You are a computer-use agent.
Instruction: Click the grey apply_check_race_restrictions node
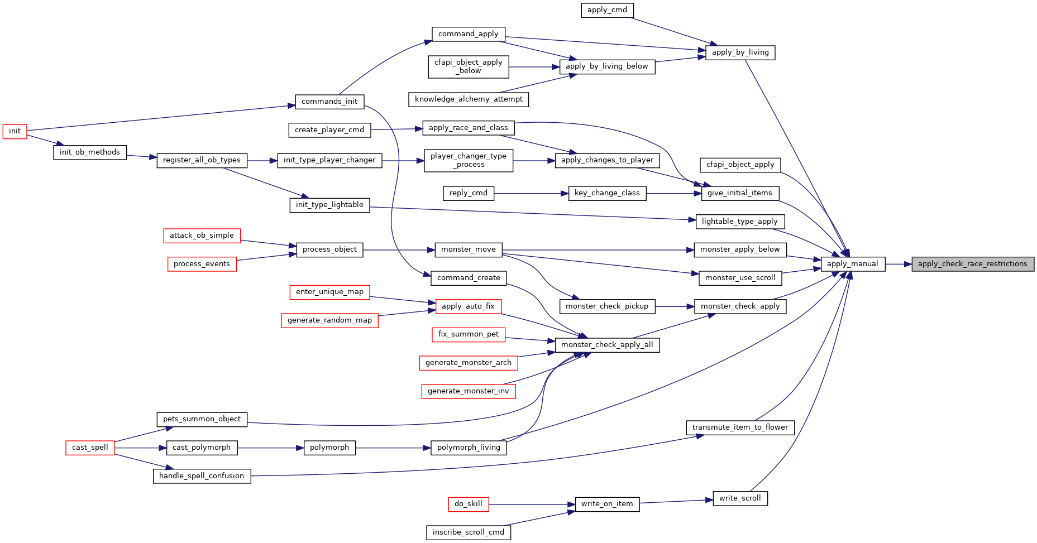coord(973,264)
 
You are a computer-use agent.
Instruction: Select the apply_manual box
coord(853,264)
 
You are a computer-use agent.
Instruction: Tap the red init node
coord(15,131)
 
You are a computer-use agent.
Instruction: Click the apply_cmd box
coord(608,10)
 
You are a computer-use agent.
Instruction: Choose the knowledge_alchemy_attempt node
coord(469,99)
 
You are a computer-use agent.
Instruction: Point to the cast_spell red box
coord(90,448)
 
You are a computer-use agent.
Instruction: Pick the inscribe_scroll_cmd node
coord(469,532)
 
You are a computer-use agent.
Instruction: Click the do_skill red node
coord(469,504)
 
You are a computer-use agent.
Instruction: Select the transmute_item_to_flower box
coord(740,427)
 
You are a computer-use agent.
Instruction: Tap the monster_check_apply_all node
coord(607,345)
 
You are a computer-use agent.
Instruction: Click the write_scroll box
coord(740,498)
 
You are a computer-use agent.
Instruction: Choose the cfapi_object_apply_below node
coord(469,67)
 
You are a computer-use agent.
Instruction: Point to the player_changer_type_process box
coord(469,161)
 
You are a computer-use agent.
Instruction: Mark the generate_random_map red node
coord(329,320)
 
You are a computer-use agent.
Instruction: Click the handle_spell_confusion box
coord(202,476)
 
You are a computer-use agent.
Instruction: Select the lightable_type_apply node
coord(740,222)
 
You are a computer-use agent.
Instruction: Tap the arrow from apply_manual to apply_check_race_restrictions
coord(899,264)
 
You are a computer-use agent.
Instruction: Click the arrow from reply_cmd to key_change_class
coord(531,194)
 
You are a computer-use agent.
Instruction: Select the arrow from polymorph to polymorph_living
coord(393,448)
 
